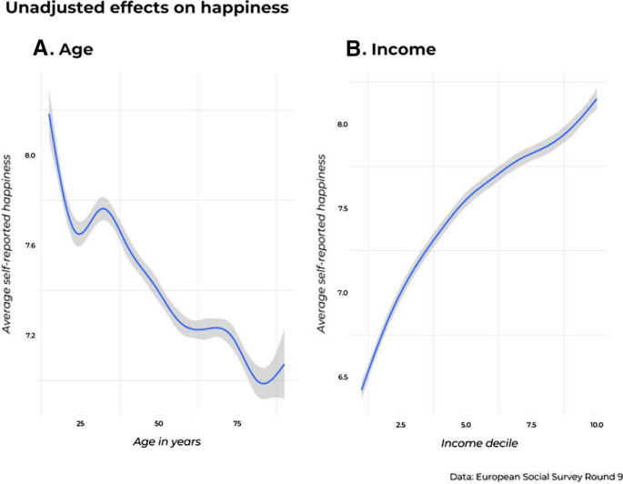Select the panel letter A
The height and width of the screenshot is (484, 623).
tap(40, 49)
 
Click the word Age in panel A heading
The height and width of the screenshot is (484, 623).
tap(76, 50)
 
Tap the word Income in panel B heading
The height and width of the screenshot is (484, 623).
tap(402, 50)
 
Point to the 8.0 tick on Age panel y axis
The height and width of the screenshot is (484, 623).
tap(29, 156)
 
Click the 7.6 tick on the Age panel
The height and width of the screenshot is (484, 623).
tap(29, 246)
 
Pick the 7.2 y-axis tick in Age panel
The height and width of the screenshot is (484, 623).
tap(29, 336)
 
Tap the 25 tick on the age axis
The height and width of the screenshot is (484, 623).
tap(80, 424)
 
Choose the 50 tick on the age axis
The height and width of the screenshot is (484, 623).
tap(158, 424)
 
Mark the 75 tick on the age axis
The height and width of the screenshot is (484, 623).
tap(236, 424)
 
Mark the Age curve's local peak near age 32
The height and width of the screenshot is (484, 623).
tap(103, 209)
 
